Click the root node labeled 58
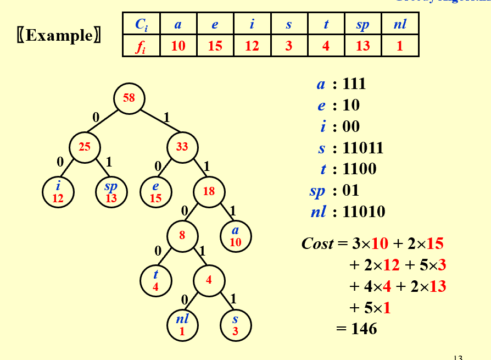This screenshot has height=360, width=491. point(129,98)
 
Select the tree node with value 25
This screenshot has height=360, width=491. point(85,147)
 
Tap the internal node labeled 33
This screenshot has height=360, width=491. point(182,147)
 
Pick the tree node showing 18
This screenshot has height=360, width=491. point(209,192)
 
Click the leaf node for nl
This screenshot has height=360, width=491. point(182,325)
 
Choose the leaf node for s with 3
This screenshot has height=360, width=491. point(235,325)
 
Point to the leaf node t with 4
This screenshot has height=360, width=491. point(155,280)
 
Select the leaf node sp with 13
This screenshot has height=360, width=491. point(111,192)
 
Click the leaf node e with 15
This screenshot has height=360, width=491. point(155,192)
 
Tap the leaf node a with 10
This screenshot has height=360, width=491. point(235,236)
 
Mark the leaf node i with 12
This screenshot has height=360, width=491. point(58,192)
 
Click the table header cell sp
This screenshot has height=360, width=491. point(362,24)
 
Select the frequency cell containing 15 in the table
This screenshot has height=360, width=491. point(215,46)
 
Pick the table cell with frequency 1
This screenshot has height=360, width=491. point(400,46)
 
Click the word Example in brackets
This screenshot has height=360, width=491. point(59,36)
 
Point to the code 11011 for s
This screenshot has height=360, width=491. point(362,148)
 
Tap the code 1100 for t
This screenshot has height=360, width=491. point(359,169)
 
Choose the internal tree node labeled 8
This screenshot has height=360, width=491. point(182,236)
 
